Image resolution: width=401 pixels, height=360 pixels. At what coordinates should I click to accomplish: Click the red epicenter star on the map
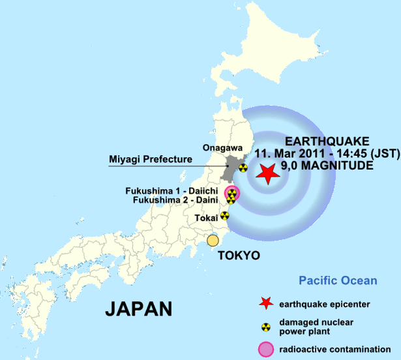click(x=266, y=173)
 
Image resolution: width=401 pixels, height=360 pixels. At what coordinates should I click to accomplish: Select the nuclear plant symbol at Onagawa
click(x=243, y=168)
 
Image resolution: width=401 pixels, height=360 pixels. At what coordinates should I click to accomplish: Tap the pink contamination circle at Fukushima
click(x=231, y=192)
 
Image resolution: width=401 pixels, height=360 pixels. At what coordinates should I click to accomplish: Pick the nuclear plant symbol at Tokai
click(x=225, y=215)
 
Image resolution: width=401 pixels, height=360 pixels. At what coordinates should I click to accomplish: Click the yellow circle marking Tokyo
click(x=213, y=241)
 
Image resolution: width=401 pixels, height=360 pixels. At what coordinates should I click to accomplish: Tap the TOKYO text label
click(x=239, y=255)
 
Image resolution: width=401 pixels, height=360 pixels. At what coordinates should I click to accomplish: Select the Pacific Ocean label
click(x=338, y=281)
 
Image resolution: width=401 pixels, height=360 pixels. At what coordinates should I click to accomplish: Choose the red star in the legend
click(x=264, y=303)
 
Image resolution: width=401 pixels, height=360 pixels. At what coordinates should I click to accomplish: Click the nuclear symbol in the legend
click(x=265, y=326)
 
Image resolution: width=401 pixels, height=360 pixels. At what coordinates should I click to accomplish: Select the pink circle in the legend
click(x=265, y=349)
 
